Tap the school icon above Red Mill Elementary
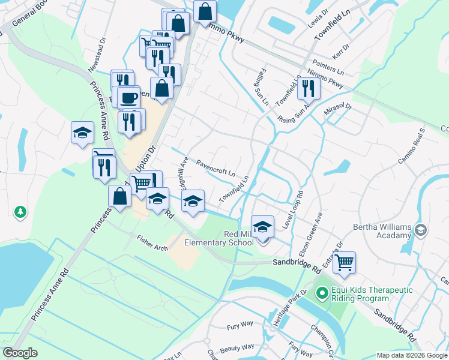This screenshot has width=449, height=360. pos(262,227)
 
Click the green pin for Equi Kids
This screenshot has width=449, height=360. pos(322,293)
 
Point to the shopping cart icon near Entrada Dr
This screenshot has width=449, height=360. pos(344,262)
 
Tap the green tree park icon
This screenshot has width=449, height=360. pos(20,212)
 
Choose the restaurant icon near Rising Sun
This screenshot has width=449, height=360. pos(309,88)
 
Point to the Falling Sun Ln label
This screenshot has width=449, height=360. pos(262,86)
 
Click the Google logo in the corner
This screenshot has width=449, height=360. pos(20,353)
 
